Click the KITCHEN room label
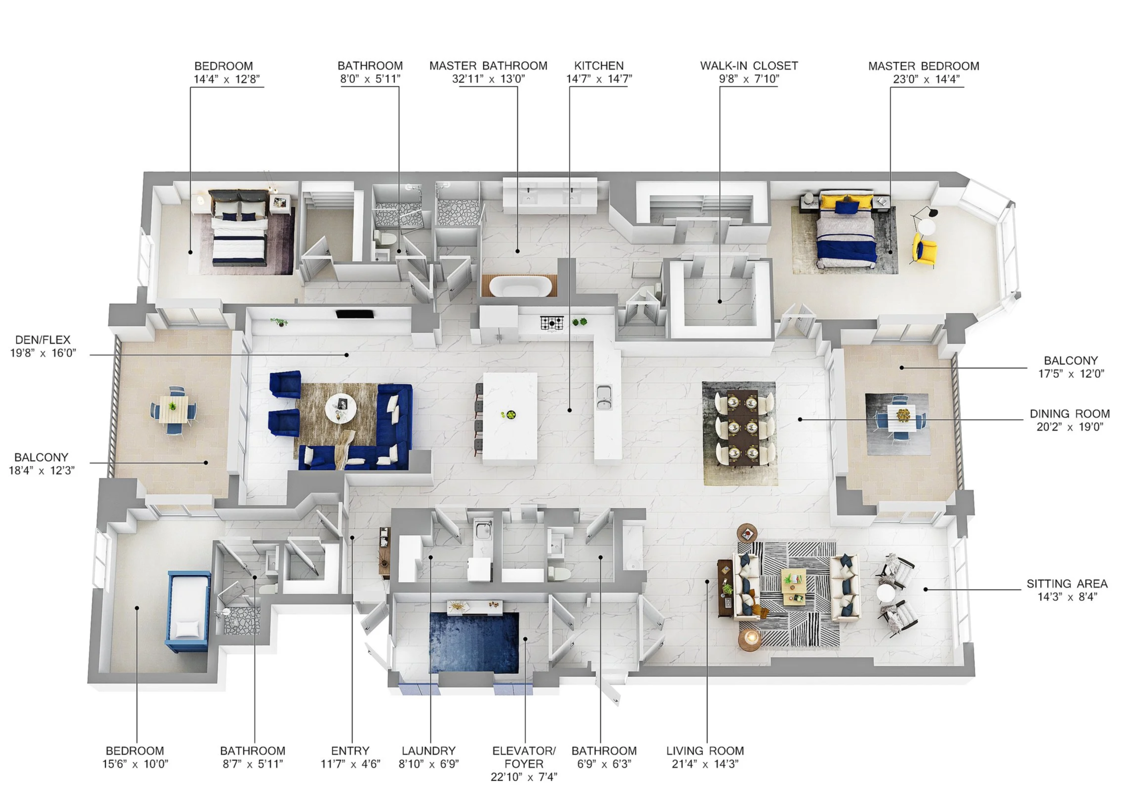(598, 66)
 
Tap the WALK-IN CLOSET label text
(748, 66)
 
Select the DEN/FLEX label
(43, 340)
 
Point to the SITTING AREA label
(1067, 584)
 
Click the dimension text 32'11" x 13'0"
(488, 79)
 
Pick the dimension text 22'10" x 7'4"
(523, 777)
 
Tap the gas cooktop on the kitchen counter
(551, 323)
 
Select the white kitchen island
(509, 418)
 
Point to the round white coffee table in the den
(341, 407)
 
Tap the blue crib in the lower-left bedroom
(188, 611)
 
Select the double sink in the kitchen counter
(604, 397)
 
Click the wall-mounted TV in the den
(354, 314)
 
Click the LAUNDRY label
(428, 751)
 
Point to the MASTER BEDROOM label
(923, 66)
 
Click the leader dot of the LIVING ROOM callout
(706, 582)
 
